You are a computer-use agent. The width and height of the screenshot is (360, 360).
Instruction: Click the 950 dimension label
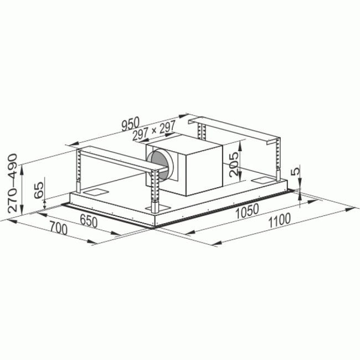point(130,124)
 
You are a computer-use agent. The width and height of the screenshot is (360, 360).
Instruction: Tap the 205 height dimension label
point(234,164)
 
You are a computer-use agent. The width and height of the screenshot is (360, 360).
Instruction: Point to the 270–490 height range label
point(12,183)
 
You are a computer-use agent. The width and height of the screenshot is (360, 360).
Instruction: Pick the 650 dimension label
point(89,222)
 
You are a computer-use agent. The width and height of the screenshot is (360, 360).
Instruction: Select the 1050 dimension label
point(248,211)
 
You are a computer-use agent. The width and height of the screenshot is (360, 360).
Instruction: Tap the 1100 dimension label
point(279,220)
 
